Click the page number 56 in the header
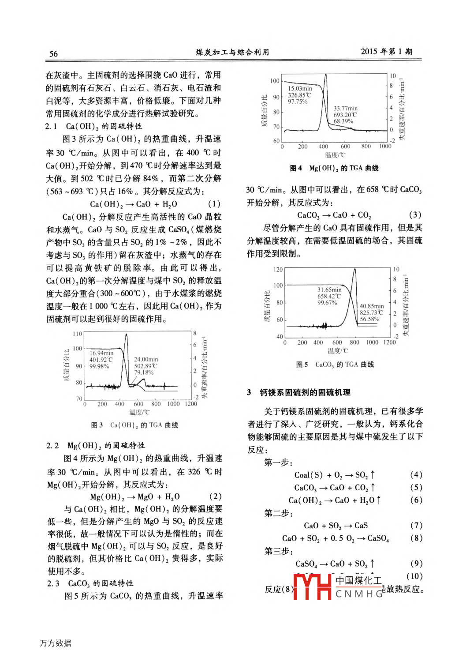tap(53, 54)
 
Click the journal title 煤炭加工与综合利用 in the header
tap(232, 52)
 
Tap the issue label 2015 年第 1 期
tap(386, 51)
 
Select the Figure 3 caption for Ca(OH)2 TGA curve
tap(134, 425)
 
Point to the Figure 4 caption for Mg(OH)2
tap(334, 168)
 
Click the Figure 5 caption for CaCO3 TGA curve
tap(335, 365)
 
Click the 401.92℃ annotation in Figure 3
tap(101, 360)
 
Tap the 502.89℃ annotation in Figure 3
tap(145, 366)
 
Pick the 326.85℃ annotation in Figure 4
tap(299, 95)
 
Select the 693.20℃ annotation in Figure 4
tap(345, 115)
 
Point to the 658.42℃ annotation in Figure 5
tap(329, 296)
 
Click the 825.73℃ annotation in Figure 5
tap(371, 312)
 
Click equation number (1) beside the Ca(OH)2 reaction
tap(214, 204)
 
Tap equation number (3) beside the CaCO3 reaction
tap(415, 215)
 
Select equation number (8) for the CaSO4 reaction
tap(416, 538)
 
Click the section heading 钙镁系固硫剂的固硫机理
tap(305, 392)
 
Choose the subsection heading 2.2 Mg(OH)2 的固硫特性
tap(96, 445)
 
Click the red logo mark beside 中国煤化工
tap(312, 587)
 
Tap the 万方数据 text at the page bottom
tap(56, 643)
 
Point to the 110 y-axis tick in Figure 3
tap(77, 334)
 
